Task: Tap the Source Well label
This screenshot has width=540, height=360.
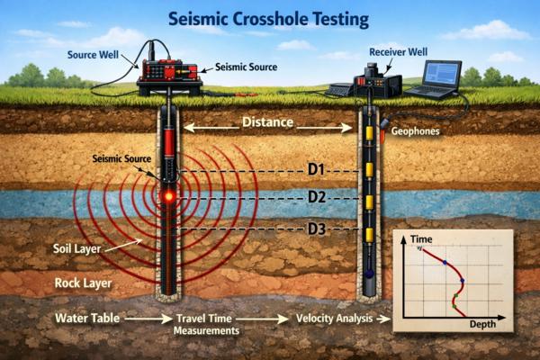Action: point(94,54)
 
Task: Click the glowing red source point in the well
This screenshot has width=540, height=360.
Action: point(167,194)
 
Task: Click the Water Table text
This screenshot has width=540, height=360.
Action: point(86,318)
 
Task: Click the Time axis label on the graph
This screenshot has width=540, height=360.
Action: point(422,241)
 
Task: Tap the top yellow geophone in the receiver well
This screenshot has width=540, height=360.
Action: point(368,138)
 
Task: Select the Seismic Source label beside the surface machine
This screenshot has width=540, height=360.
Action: point(245,67)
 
